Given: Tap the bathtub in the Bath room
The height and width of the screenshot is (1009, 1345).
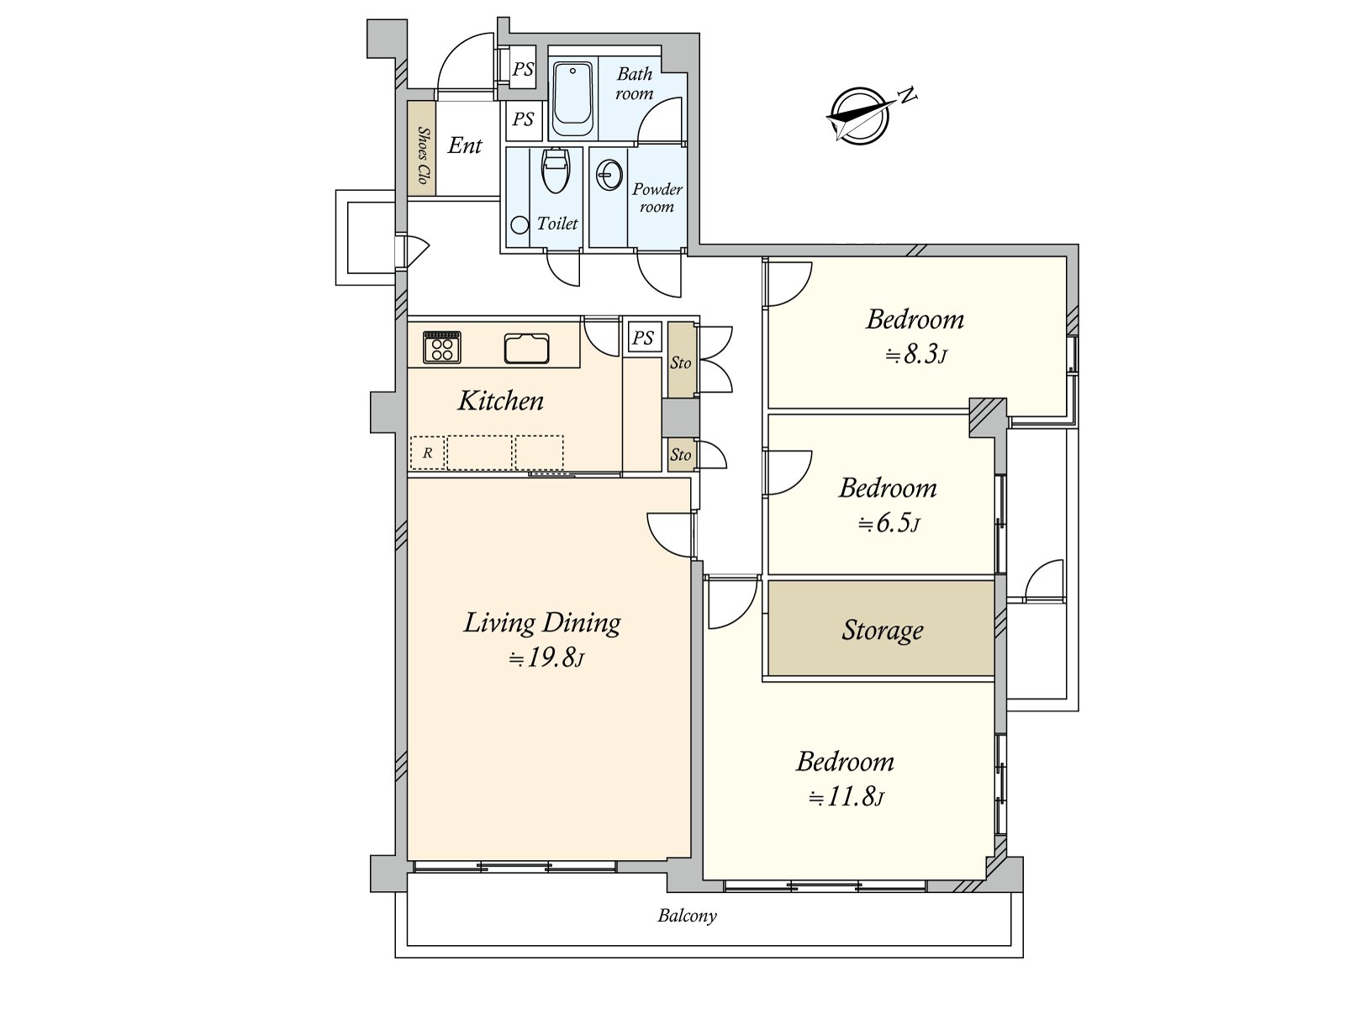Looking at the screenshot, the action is pos(573,99).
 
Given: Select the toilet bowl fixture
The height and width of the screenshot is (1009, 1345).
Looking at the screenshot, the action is pos(556,170).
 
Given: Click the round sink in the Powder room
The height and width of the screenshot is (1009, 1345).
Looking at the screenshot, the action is pos(609,175).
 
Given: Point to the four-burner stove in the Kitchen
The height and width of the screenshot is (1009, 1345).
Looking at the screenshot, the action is pos(442,347).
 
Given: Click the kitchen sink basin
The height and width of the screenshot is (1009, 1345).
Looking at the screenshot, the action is pos(526,349).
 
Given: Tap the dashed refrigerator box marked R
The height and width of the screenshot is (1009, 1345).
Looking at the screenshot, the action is pos(428,452).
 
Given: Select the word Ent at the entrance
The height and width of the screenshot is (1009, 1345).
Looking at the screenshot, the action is pos(465,145).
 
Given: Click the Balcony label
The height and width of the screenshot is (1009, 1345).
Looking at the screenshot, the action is pos(687,916).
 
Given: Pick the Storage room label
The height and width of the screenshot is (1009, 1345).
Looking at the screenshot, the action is pos(882,630).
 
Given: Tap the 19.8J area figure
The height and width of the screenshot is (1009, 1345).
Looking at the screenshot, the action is pos(546,658).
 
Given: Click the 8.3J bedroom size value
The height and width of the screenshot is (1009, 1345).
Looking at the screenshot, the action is pos(916,354).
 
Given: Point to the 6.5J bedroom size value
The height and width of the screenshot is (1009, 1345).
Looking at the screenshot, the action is pos(889,523).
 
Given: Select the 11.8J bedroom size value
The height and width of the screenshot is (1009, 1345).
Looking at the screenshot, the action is pos(847,797).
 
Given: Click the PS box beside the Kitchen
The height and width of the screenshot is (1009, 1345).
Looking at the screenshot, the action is pos(643,337).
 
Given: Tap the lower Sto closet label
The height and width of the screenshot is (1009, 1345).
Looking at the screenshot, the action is pos(680,455).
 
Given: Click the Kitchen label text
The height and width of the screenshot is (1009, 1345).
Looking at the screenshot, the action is pos(501,401).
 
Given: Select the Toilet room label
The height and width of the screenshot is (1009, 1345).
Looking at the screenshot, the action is pos(557,224).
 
